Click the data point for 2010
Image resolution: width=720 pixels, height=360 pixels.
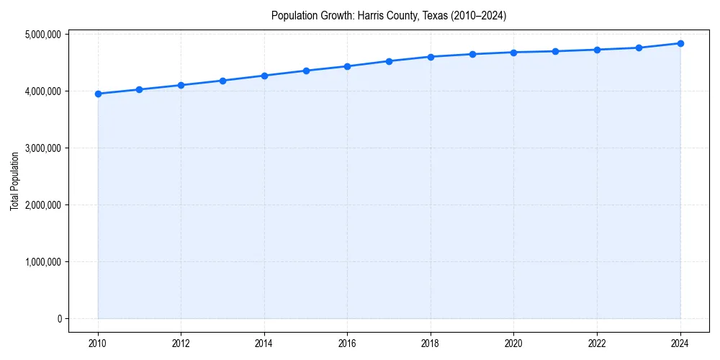(x=98, y=94)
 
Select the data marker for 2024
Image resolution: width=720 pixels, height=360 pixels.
(x=680, y=43)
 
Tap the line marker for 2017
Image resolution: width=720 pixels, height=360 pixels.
(x=389, y=61)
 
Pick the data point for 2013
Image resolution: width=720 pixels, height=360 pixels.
(x=222, y=81)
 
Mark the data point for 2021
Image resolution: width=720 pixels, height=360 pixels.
(x=555, y=51)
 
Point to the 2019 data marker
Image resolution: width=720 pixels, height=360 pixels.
(x=472, y=54)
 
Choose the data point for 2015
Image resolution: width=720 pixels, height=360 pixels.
(x=306, y=71)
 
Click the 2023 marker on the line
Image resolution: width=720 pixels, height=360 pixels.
(x=639, y=48)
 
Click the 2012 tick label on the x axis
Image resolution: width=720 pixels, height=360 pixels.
(x=181, y=343)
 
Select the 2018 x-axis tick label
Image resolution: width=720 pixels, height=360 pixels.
(x=431, y=343)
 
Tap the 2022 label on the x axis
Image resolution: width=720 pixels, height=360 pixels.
(x=597, y=343)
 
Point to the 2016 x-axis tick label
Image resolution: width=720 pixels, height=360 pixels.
(x=348, y=343)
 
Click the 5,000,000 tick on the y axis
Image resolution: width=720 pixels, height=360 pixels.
(x=42, y=34)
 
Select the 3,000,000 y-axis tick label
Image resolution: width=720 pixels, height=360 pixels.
(x=42, y=148)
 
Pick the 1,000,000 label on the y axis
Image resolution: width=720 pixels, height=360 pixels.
(x=42, y=261)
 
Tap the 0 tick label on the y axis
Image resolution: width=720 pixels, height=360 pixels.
(x=60, y=318)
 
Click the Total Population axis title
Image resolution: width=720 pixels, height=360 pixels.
(x=14, y=181)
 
